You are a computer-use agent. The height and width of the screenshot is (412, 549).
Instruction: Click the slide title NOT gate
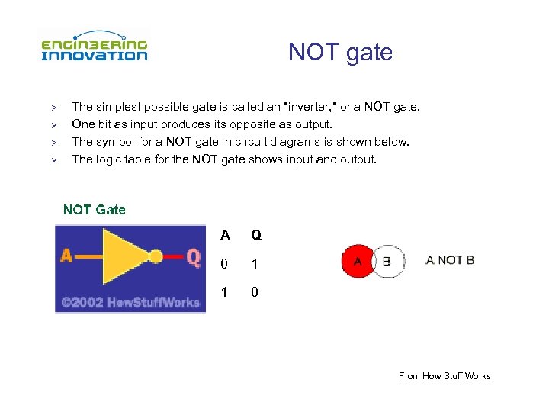(x=340, y=52)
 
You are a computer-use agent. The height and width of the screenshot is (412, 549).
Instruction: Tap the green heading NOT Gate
(x=94, y=209)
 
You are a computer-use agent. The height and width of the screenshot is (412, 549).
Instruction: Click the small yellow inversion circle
(x=156, y=257)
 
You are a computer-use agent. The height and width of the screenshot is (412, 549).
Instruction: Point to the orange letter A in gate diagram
(x=67, y=257)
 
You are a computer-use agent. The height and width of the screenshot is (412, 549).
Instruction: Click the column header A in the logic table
(x=224, y=236)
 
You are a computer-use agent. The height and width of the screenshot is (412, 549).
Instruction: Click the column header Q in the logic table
(x=256, y=236)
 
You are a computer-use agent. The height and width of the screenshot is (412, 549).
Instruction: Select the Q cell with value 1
(x=256, y=264)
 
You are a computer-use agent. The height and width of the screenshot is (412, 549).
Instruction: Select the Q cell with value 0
(x=256, y=292)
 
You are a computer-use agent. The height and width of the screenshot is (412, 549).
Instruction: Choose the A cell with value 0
(x=224, y=264)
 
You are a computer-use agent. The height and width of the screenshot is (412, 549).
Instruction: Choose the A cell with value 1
(x=224, y=292)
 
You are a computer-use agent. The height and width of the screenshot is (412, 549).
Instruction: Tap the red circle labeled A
(x=356, y=262)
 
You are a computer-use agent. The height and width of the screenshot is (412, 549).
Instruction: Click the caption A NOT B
(x=450, y=260)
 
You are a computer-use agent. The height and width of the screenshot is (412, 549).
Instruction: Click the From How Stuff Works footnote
(x=445, y=375)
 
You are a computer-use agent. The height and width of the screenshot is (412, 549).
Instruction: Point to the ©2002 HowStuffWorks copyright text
(x=130, y=302)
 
